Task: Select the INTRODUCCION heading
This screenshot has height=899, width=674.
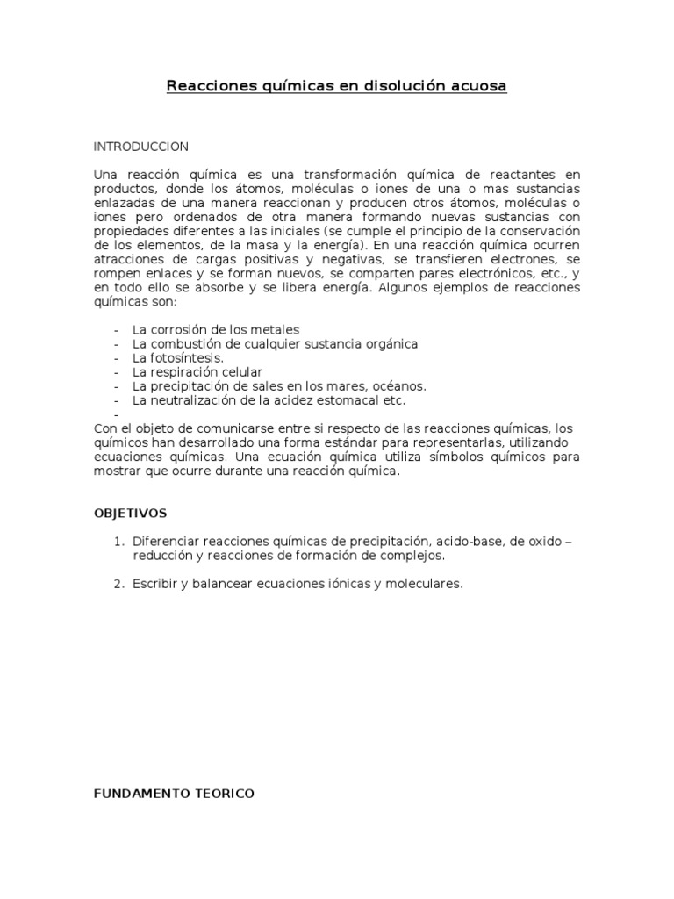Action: pyautogui.click(x=141, y=146)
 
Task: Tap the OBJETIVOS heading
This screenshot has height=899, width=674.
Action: pyautogui.click(x=130, y=513)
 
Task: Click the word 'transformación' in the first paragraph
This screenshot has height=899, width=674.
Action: pyautogui.click(x=334, y=176)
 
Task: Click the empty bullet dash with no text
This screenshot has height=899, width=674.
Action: pyautogui.click(x=117, y=414)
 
